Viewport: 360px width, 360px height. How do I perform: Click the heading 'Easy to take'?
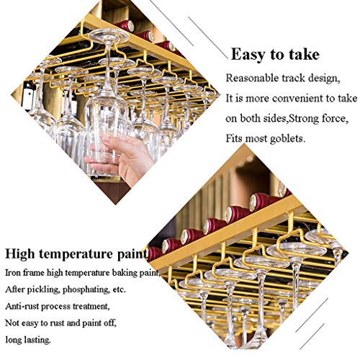(x=275, y=55)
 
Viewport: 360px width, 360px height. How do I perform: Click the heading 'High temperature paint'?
(x=76, y=254)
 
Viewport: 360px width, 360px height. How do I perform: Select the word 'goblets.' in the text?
(x=287, y=138)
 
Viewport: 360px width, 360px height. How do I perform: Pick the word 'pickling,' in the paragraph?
(x=43, y=289)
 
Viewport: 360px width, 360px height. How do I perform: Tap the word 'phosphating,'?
(x=86, y=289)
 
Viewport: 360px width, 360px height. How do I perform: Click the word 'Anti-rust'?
(x=22, y=306)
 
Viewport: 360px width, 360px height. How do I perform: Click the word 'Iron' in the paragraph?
(x=13, y=273)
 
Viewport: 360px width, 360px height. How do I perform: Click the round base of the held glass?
(x=109, y=35)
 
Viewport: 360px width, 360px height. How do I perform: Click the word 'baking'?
(x=126, y=273)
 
